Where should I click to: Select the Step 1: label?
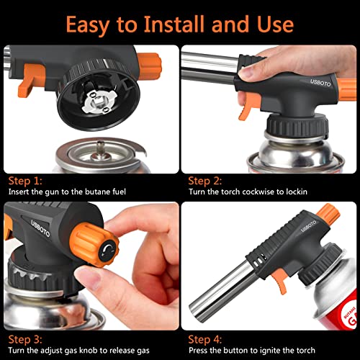[x=24, y=181]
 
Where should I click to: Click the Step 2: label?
[x=204, y=181]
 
